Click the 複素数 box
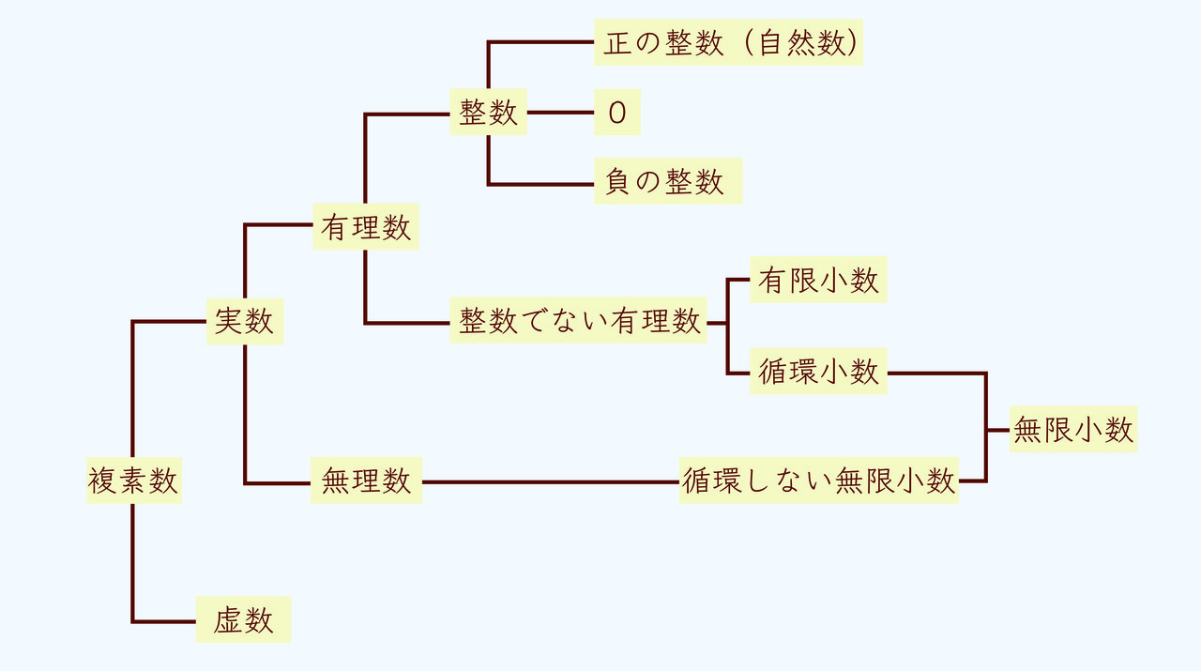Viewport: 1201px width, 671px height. point(133,480)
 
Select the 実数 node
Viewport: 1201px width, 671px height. point(244,321)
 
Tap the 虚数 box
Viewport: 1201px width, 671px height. point(243,619)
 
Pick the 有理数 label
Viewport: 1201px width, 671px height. point(365,227)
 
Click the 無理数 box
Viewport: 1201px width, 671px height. point(366,480)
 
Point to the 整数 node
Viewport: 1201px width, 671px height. point(488,113)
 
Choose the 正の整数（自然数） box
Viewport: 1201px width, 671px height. point(728,43)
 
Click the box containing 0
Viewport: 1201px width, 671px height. point(616,113)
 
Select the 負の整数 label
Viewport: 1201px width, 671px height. point(667,181)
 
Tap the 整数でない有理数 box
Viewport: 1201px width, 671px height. point(578,321)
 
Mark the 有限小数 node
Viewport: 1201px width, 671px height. point(818,280)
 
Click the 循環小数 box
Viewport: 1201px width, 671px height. point(818,372)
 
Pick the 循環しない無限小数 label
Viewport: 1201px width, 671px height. point(818,480)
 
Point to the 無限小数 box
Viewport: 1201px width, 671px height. point(1072,429)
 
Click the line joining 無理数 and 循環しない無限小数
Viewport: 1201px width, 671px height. point(551,481)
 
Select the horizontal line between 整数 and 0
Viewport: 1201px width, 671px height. point(560,113)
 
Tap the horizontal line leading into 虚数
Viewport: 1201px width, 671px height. point(164,621)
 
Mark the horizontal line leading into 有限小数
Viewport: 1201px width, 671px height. point(739,280)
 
